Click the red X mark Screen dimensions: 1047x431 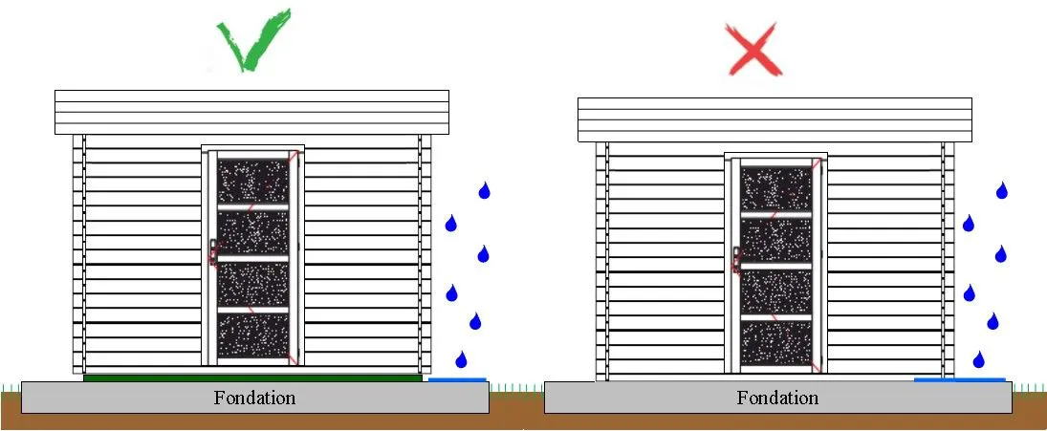tap(753, 49)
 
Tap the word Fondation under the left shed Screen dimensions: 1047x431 tap(254, 399)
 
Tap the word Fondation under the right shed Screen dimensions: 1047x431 tap(777, 399)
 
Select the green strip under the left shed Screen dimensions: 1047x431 tap(252, 377)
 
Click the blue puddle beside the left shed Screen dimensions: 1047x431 tap(457, 379)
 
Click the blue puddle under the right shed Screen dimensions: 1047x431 tap(960, 379)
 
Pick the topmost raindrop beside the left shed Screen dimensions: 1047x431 tap(484, 191)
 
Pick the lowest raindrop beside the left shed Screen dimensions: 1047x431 tap(461, 360)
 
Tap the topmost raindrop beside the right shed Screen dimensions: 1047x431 tap(1002, 191)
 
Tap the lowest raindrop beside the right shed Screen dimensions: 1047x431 tap(979, 360)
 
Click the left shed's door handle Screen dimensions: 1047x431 tap(213, 252)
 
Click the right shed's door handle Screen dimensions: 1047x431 tap(736, 260)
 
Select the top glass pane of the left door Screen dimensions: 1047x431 tap(253, 181)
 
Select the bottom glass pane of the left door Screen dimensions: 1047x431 tap(253, 336)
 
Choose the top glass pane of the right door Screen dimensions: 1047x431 tap(775, 189)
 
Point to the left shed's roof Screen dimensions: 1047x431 tap(251, 112)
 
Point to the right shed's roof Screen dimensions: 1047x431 tap(774, 120)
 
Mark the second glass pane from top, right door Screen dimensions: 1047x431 tap(775, 240)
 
